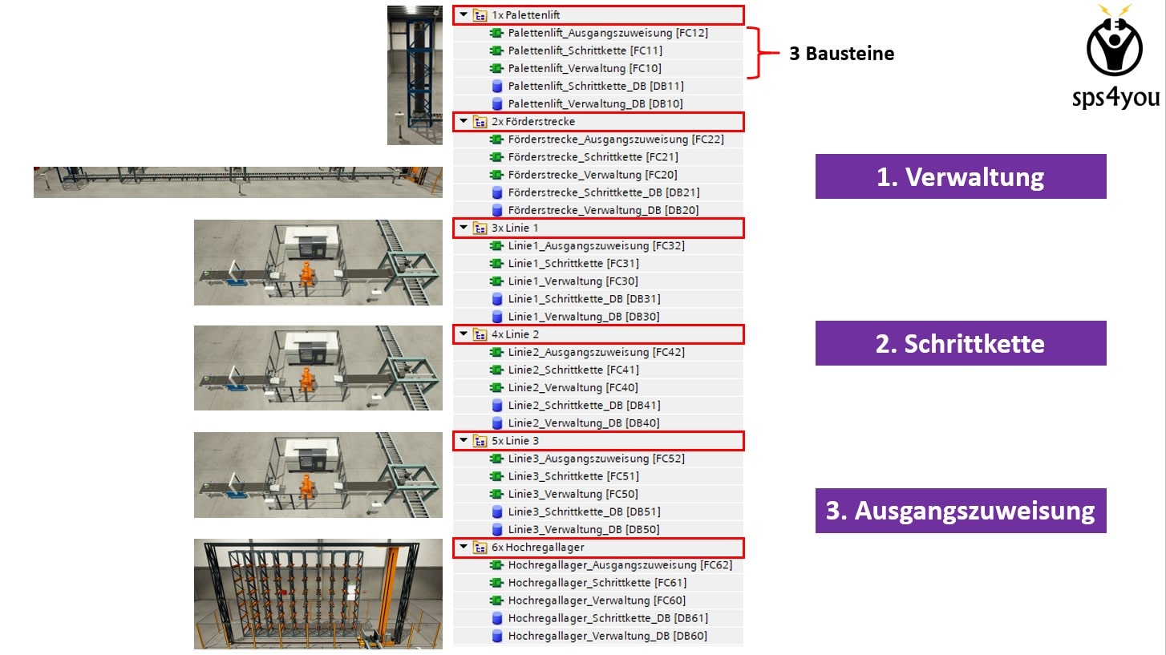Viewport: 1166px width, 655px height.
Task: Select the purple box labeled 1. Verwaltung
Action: (960, 176)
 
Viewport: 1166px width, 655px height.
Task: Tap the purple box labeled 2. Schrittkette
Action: (960, 343)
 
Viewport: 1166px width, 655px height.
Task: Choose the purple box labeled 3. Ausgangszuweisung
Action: (960, 511)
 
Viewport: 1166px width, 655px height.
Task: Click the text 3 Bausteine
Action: (841, 54)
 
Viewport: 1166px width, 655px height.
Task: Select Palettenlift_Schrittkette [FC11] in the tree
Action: (585, 51)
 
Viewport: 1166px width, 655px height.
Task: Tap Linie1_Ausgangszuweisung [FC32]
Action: (596, 246)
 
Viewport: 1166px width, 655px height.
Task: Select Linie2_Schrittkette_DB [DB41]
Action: (584, 406)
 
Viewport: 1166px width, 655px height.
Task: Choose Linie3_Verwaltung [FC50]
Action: (573, 494)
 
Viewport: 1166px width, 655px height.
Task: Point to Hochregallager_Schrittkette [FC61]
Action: (597, 583)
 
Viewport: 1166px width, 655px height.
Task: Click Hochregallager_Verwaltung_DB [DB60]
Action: (607, 636)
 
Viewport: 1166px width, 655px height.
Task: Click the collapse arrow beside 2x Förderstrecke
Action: (464, 121)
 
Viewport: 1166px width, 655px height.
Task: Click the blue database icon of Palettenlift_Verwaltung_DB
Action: (496, 103)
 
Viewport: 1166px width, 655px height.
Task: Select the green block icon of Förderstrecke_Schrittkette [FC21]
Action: (496, 157)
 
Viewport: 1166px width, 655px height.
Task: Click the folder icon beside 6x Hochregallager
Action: (480, 548)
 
